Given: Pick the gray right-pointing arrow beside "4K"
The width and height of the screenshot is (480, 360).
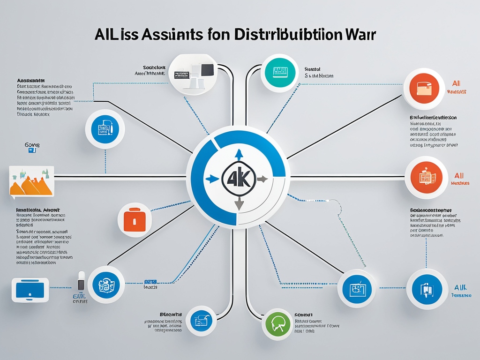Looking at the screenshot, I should click(262, 179).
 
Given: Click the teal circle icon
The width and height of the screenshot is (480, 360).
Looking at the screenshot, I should click(280, 72).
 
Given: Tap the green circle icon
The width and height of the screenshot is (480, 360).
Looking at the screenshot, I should click(278, 324).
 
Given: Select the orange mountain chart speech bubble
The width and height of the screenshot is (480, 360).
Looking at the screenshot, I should click(31, 181).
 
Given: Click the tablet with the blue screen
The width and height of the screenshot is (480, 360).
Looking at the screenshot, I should click(30, 290).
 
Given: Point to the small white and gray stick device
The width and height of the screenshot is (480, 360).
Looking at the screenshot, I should click(81, 280).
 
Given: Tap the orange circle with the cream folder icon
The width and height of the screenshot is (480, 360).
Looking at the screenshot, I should click(423, 88).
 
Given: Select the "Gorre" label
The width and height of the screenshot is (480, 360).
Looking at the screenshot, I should click(32, 145).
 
